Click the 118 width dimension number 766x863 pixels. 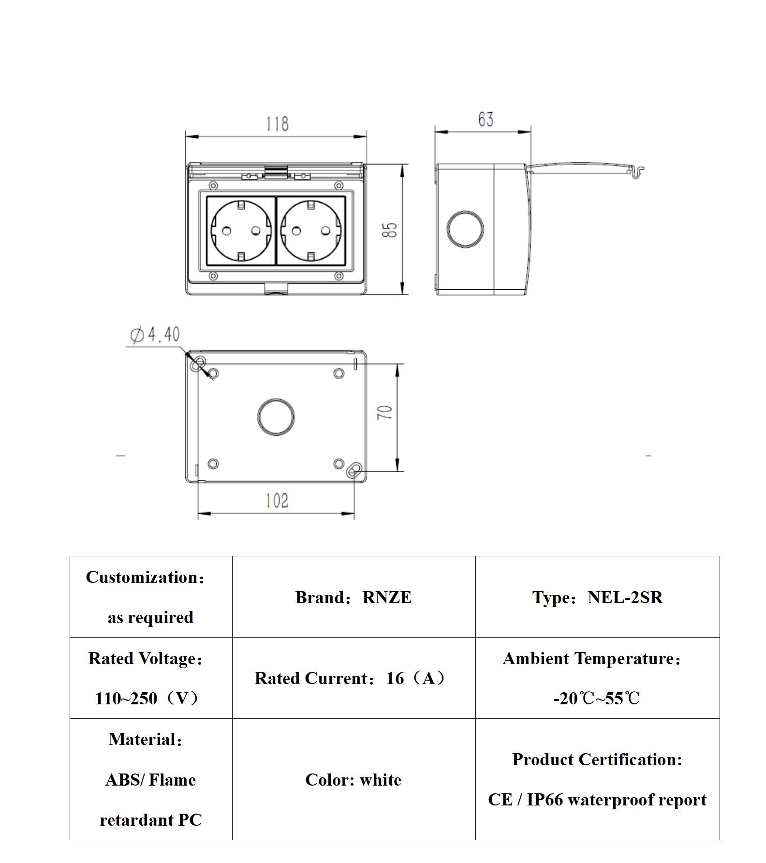277,124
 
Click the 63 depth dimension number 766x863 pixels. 486,119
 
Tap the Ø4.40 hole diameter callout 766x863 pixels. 155,334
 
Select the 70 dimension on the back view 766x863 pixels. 385,412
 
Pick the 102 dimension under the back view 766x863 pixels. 277,501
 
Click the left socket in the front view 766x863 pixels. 241,230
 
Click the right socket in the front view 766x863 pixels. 311,230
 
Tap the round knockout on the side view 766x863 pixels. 465,229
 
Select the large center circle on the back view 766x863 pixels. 276,417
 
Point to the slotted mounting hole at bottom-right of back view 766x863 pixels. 354,470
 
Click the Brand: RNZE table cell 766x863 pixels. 354,597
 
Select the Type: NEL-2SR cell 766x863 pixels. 597,597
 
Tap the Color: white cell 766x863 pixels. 354,780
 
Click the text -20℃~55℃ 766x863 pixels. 597,699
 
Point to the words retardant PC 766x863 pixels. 150,820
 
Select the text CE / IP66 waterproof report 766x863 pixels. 597,800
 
